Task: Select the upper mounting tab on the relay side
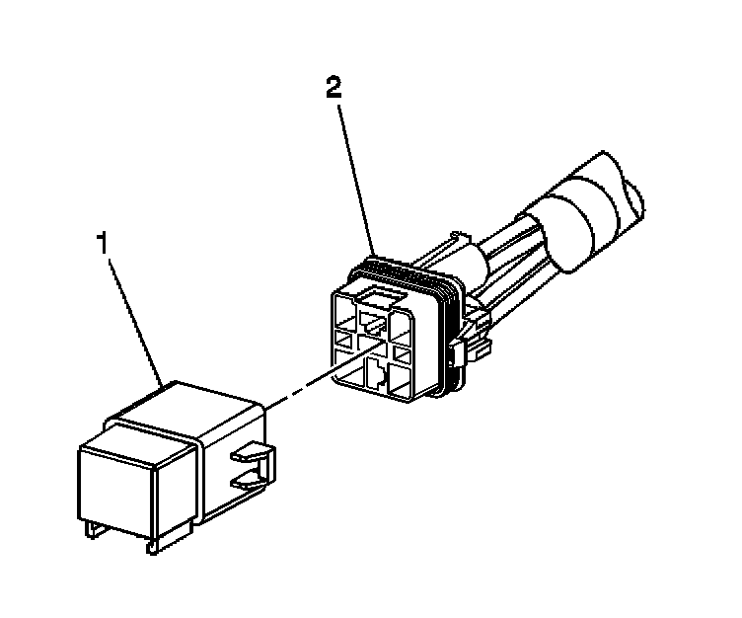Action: click(x=255, y=454)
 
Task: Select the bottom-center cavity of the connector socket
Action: click(x=378, y=376)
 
